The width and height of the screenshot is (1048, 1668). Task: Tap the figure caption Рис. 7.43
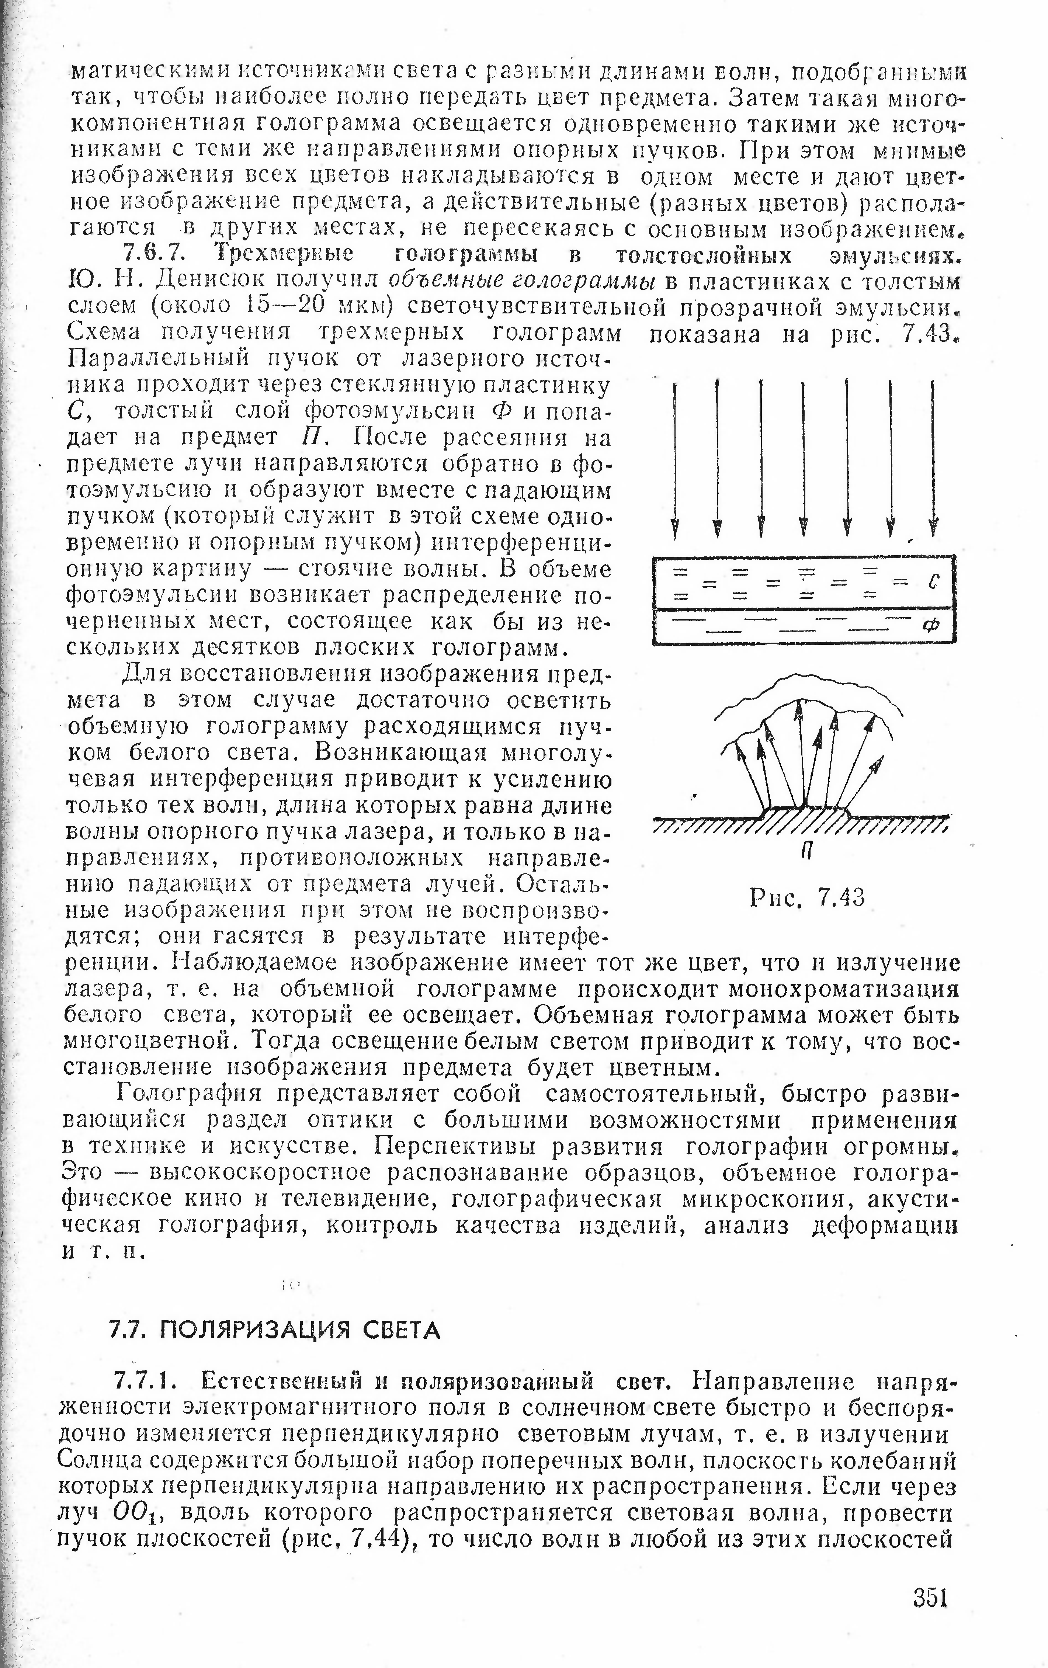(808, 898)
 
